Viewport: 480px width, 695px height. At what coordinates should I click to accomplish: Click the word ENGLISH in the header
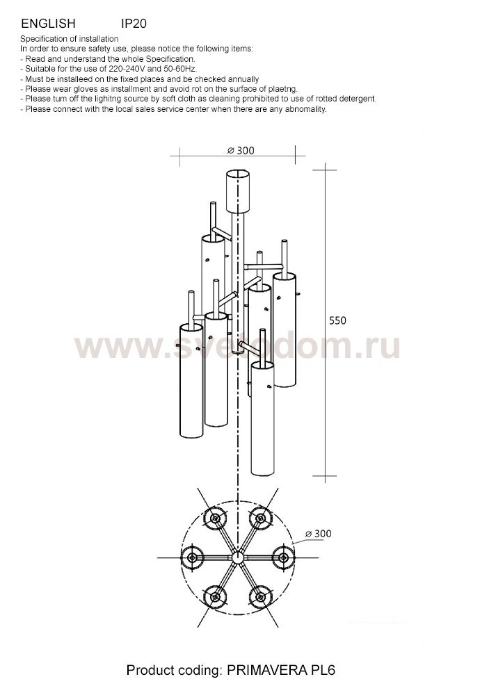click(x=48, y=24)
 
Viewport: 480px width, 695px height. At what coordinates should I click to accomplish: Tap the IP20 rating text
click(x=134, y=24)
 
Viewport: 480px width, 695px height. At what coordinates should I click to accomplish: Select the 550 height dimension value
click(x=337, y=320)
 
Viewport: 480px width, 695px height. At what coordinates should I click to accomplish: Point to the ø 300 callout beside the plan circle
click(x=318, y=534)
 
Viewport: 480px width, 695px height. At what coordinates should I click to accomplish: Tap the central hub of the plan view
click(x=237, y=557)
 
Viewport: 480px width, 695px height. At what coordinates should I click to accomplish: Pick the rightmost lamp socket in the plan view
click(x=283, y=557)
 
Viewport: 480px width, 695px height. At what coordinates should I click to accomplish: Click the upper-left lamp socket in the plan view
click(x=214, y=518)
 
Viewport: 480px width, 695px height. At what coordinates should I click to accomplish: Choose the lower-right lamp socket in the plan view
click(x=260, y=596)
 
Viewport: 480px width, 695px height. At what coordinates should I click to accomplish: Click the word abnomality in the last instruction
click(x=303, y=109)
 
